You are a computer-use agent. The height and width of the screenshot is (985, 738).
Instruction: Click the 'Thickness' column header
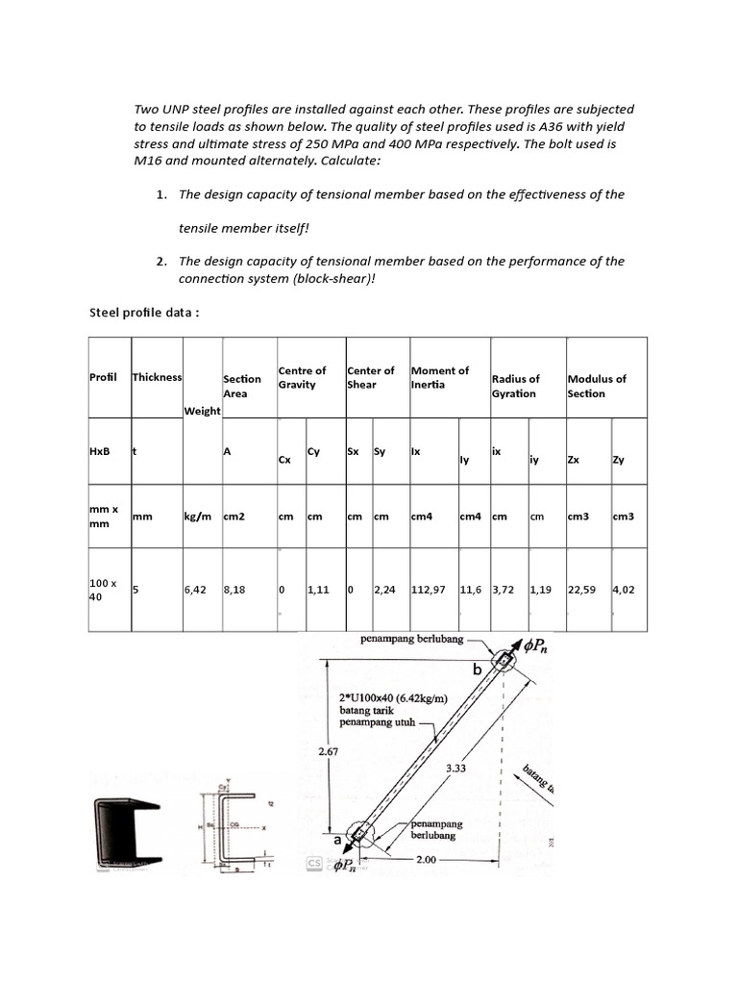click(x=157, y=377)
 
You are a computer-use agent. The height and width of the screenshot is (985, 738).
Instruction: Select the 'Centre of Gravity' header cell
click(x=302, y=377)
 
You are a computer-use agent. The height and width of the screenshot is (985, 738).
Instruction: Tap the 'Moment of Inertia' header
click(x=439, y=377)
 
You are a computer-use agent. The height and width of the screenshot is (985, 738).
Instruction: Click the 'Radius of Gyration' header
click(x=516, y=386)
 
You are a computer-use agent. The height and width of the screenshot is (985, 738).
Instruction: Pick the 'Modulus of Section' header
click(x=596, y=386)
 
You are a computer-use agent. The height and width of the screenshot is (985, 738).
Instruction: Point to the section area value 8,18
click(x=234, y=591)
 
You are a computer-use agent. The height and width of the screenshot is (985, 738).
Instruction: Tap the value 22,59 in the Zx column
click(x=578, y=591)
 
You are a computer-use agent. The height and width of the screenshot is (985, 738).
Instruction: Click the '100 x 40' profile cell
click(x=102, y=590)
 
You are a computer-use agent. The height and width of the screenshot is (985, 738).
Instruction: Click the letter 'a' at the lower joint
click(x=336, y=839)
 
